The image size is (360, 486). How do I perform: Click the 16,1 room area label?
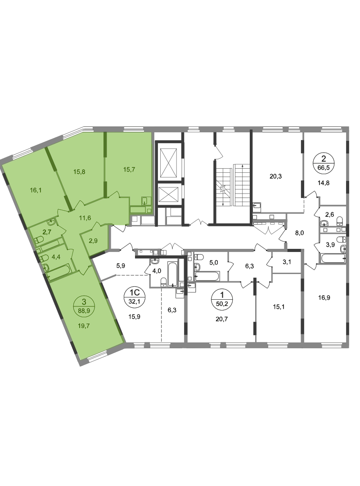click(36, 190)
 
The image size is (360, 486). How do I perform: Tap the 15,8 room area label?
click(79, 171)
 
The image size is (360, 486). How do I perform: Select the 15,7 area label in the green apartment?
click(129, 170)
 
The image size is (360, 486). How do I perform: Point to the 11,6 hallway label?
click(85, 218)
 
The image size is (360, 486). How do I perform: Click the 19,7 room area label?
click(84, 325)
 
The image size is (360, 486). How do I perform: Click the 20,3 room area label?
click(276, 177)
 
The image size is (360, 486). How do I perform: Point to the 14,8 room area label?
click(324, 183)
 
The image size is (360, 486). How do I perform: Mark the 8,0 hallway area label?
click(299, 234)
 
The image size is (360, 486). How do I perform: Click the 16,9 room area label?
click(324, 298)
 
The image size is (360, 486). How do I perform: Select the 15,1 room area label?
click(279, 307)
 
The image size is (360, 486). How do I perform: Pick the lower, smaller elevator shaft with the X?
click(169, 195)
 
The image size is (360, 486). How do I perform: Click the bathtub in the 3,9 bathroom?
click(333, 258)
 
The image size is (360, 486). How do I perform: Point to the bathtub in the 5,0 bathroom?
click(207, 276)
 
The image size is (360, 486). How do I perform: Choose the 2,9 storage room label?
click(93, 240)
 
